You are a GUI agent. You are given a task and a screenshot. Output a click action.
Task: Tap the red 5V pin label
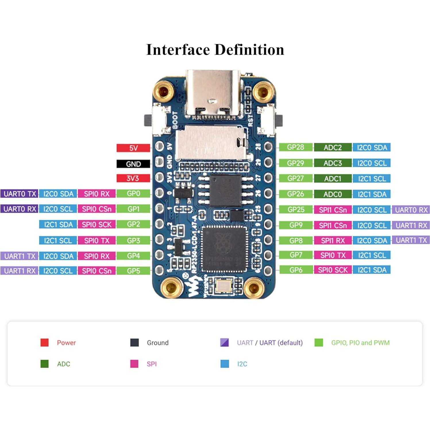[133, 148]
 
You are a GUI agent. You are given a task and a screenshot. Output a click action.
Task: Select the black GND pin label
[133, 164]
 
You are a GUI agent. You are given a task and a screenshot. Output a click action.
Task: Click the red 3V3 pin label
[133, 178]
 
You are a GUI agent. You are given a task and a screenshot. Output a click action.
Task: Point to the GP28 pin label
[296, 147]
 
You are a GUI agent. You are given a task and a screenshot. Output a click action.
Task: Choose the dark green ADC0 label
[333, 194]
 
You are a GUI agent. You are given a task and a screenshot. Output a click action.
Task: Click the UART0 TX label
[20, 194]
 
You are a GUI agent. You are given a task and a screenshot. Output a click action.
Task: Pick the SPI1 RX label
[333, 241]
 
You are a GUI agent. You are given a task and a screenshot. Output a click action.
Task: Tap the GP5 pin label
[133, 271]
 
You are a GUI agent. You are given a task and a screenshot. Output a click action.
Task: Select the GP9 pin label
[296, 225]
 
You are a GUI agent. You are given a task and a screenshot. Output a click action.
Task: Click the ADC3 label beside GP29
[333, 163]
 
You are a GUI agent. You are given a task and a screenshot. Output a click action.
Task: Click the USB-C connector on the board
[213, 95]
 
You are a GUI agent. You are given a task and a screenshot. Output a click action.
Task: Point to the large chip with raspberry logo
[224, 249]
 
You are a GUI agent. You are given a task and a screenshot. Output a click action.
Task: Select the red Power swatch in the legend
[45, 343]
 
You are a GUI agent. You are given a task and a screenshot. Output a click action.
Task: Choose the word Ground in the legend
[157, 343]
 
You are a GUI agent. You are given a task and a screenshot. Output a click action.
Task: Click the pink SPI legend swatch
[134, 364]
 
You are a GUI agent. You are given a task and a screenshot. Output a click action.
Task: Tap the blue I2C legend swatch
[225, 364]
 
